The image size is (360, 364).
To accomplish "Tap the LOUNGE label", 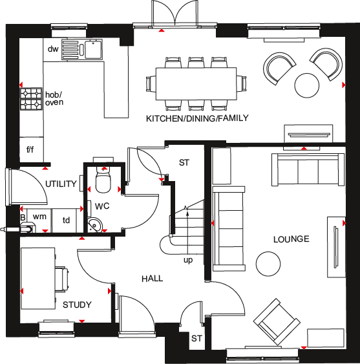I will coord(291,239).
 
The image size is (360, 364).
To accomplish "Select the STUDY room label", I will coord(77,305).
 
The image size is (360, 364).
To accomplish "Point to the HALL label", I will coord(153,279).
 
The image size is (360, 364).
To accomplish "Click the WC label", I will coord(103,207).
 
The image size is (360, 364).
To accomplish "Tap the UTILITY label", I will coord(61,184).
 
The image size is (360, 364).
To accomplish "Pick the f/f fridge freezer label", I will coord(30,150).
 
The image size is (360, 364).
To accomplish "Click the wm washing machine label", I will coord(39,217).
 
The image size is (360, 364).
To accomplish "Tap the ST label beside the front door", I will coord(197,338).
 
